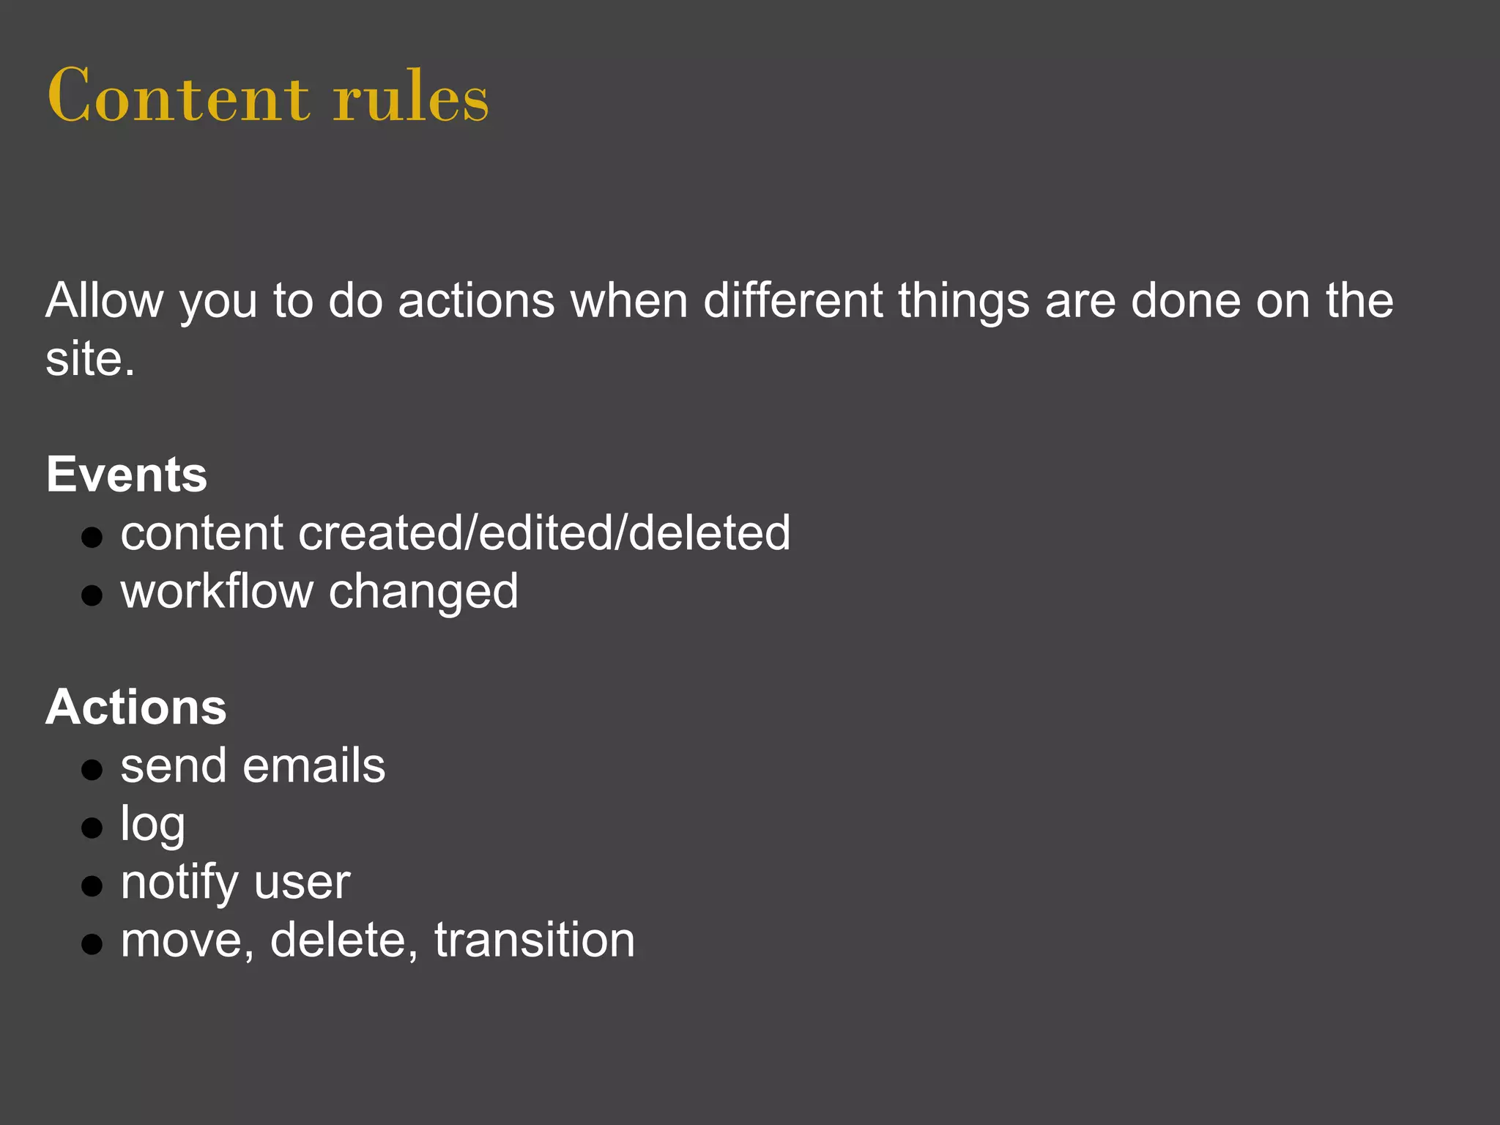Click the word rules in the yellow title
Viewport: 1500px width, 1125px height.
click(x=410, y=96)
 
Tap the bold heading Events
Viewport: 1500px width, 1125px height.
click(x=127, y=474)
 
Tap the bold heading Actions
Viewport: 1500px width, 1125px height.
click(x=136, y=708)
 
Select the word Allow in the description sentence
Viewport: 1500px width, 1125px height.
click(x=105, y=300)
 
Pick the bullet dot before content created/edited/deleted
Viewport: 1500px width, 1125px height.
click(x=92, y=538)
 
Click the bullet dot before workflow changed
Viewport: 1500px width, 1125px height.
click(x=92, y=595)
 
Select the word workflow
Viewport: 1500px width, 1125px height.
click(x=217, y=591)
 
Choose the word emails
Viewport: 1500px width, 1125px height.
click(x=313, y=766)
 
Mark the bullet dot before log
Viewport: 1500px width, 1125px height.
click(x=92, y=828)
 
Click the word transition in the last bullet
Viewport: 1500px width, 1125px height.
click(x=535, y=940)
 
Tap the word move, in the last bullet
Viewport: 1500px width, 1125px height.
click(x=187, y=941)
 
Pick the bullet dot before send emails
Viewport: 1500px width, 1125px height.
click(x=92, y=770)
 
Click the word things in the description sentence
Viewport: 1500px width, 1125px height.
click(x=964, y=302)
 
